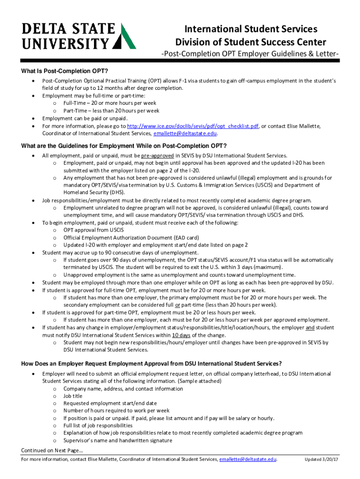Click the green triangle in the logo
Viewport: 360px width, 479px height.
click(125, 36)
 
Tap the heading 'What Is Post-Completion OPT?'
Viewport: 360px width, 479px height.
click(65, 71)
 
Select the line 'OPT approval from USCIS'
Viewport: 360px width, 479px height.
click(94, 230)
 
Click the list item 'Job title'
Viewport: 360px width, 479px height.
click(73, 396)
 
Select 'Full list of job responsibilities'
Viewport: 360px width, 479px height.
click(98, 426)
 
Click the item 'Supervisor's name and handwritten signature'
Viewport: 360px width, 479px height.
click(118, 441)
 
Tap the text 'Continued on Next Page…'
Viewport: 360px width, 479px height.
click(52, 450)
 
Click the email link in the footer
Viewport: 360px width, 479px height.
click(247, 459)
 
